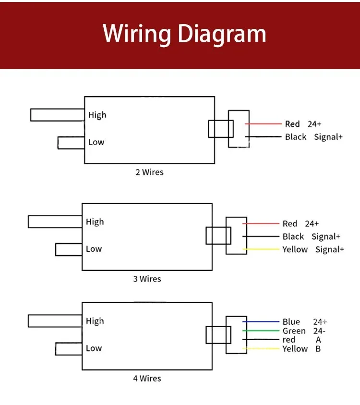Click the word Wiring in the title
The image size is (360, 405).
pyautogui.click(x=137, y=34)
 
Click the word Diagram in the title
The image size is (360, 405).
pyautogui.click(x=222, y=34)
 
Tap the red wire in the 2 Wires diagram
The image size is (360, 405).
pyautogui.click(x=263, y=124)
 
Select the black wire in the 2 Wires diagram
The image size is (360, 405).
pyautogui.click(x=263, y=136)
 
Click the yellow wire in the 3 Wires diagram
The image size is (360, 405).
pyautogui.click(x=261, y=249)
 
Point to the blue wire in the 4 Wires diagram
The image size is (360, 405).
pyautogui.click(x=261, y=321)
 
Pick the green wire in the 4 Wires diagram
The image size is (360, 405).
pyautogui.click(x=261, y=331)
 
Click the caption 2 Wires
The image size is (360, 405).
pyautogui.click(x=149, y=172)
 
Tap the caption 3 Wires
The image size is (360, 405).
pyautogui.click(x=147, y=279)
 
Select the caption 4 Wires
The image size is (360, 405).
pyautogui.click(x=147, y=379)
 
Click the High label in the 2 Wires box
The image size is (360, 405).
pyautogui.click(x=97, y=115)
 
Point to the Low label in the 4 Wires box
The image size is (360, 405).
pyautogui.click(x=94, y=348)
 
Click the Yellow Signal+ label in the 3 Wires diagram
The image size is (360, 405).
pyautogui.click(x=313, y=249)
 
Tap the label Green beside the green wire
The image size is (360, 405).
pyautogui.click(x=294, y=331)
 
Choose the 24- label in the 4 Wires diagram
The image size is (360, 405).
pyautogui.click(x=320, y=331)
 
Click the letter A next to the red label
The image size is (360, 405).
pyautogui.click(x=318, y=340)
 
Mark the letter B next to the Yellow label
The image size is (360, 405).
pyautogui.click(x=318, y=349)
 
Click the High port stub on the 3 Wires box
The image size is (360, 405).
pyautogui.click(x=55, y=221)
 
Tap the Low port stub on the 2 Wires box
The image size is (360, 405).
pyautogui.click(x=71, y=143)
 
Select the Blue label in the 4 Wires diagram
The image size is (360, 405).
pyautogui.click(x=291, y=322)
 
